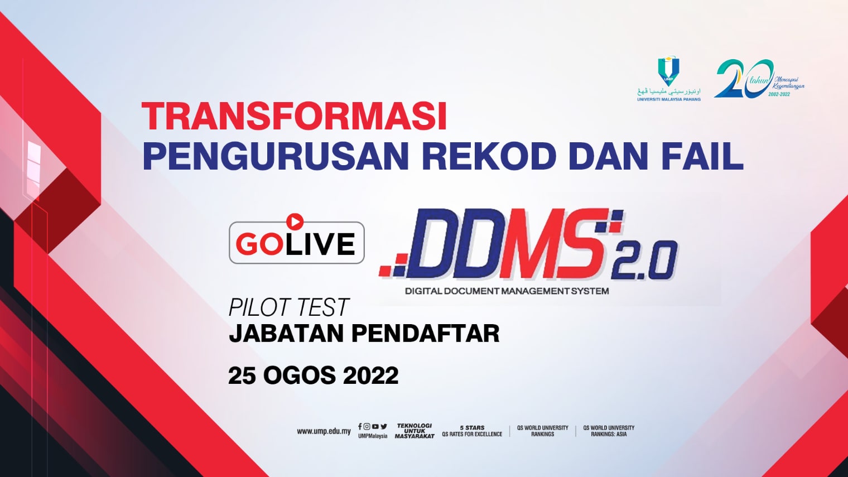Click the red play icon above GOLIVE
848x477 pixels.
click(x=295, y=221)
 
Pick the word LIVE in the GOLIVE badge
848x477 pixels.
click(x=320, y=244)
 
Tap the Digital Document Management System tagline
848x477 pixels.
click(x=507, y=291)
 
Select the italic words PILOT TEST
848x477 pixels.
click(x=288, y=308)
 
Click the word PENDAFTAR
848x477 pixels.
click(x=426, y=334)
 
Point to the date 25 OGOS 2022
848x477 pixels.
click(x=313, y=375)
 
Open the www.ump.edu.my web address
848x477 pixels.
click(x=324, y=431)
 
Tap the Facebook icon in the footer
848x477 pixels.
click(x=360, y=427)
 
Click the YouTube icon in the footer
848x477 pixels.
click(x=375, y=427)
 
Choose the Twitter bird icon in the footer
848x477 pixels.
click(x=384, y=427)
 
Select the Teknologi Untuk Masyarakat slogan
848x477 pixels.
click(x=415, y=431)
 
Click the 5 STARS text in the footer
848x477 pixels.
click(x=472, y=428)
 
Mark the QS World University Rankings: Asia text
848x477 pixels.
click(x=609, y=431)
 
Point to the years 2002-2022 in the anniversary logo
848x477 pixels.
click(x=779, y=94)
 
